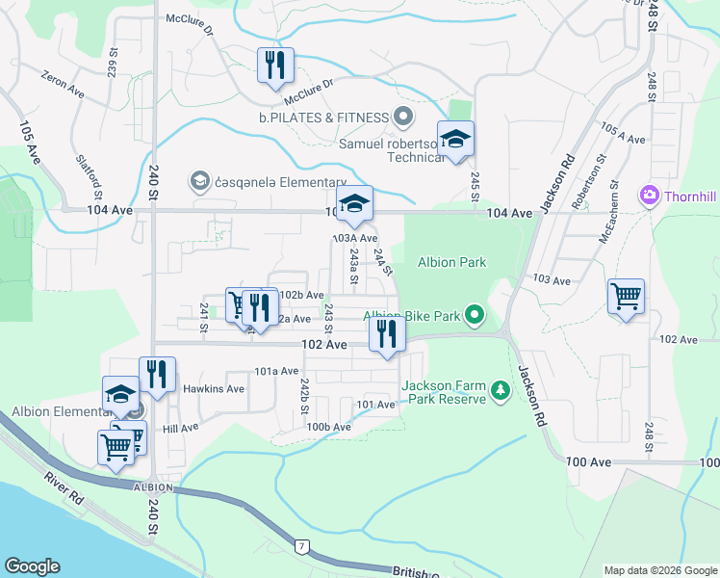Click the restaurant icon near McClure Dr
point(275,65)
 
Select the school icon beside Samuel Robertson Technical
point(456,139)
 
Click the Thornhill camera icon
point(650,196)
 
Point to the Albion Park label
point(451,262)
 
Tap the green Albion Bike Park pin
point(474,314)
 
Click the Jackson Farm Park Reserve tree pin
point(499,391)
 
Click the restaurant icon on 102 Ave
point(387,333)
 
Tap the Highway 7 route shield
point(302,547)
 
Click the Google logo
point(32,566)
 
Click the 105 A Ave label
point(622,133)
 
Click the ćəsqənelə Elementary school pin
point(200,180)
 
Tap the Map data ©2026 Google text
point(659,570)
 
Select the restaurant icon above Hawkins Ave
point(157,374)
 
